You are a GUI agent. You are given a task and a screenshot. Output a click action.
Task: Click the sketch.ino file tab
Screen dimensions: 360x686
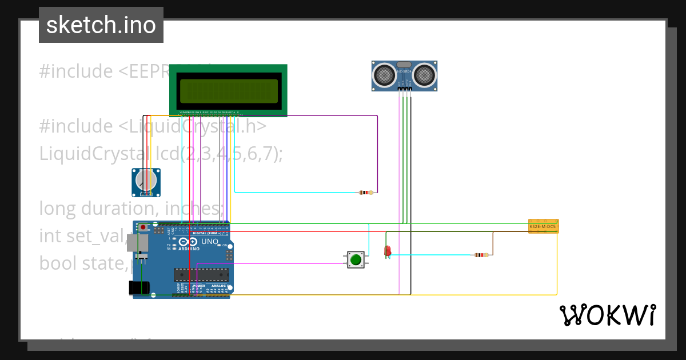coord(101,25)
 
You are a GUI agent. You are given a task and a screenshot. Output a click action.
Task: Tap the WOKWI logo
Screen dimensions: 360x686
coord(607,315)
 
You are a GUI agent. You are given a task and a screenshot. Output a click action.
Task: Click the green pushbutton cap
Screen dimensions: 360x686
coord(356,259)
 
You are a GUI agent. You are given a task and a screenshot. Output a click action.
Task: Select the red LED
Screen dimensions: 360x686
coord(387,250)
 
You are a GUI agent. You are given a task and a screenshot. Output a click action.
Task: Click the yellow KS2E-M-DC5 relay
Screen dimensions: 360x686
coord(543,226)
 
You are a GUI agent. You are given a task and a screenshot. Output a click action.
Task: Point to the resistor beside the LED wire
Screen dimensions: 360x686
coord(481,255)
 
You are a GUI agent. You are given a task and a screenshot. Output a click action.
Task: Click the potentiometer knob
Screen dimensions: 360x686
coord(145,181)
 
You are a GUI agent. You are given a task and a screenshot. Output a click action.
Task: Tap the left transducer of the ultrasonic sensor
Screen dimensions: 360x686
coord(385,74)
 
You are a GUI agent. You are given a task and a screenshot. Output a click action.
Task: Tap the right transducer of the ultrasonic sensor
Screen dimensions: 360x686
coord(425,74)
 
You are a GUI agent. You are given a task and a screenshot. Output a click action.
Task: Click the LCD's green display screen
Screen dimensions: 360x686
coord(229,90)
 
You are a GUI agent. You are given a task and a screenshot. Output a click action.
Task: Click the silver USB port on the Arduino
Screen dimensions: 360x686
coord(138,244)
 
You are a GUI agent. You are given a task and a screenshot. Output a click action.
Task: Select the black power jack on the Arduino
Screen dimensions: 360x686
coord(139,287)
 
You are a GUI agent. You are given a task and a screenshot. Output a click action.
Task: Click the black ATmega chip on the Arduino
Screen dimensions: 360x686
coord(201,274)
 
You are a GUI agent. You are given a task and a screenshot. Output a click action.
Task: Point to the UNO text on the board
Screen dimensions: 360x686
coord(210,242)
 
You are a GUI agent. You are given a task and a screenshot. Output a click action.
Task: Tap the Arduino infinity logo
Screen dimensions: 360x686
coord(192,242)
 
